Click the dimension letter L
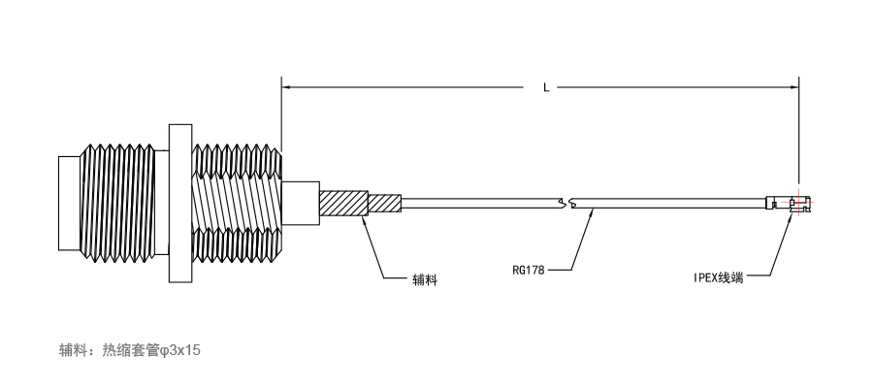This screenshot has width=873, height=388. pos(546,87)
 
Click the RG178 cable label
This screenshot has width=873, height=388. pos(529,271)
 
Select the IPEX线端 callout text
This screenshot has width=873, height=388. pos(718,277)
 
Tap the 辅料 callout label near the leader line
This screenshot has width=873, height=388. pos(425,279)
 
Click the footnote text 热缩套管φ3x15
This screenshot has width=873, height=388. pos(151,350)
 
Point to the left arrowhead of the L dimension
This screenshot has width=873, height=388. pos(285,87)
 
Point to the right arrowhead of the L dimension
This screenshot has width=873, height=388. pos(794,87)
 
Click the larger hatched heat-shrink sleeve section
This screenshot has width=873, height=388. pos(343,203)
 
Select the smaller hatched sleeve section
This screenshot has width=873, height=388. pos(385,203)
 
